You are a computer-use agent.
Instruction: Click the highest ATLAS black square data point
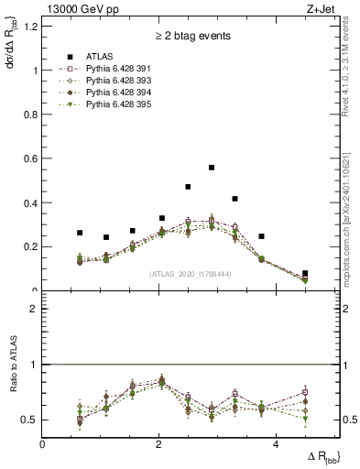[x=212, y=168]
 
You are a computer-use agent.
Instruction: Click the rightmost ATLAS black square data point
[x=305, y=274]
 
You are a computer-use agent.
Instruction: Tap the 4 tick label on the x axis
[x=276, y=444]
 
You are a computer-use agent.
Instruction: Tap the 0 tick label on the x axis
[x=42, y=444]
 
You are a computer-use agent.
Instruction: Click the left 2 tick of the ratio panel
[x=34, y=309]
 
